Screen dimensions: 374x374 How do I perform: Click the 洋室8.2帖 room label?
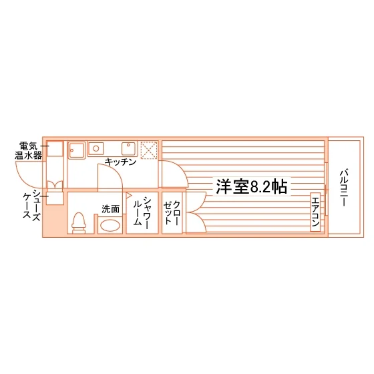coord(252,186)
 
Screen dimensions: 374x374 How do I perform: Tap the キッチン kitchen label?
coord(120,162)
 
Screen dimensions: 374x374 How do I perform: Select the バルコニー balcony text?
coord(344,187)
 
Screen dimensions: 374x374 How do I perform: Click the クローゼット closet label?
coord(171,212)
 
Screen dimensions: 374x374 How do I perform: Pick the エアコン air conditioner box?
coord(315,212)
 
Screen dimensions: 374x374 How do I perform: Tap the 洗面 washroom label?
coord(110,209)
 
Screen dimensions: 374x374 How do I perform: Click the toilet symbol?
coord(79,223)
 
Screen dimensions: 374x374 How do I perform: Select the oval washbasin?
coord(110,226)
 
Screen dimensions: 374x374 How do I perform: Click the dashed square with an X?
coord(149,150)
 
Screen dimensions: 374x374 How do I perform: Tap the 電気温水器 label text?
coord(28,150)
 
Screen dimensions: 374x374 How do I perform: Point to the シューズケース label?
coord(31,205)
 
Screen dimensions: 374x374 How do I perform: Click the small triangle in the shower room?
coord(129,196)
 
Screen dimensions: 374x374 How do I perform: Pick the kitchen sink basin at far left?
coord(77,150)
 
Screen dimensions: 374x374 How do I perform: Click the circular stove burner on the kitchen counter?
coord(96,148)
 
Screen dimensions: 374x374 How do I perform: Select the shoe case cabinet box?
coord(55,198)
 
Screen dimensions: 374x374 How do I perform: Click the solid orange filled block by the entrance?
coord(55,221)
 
